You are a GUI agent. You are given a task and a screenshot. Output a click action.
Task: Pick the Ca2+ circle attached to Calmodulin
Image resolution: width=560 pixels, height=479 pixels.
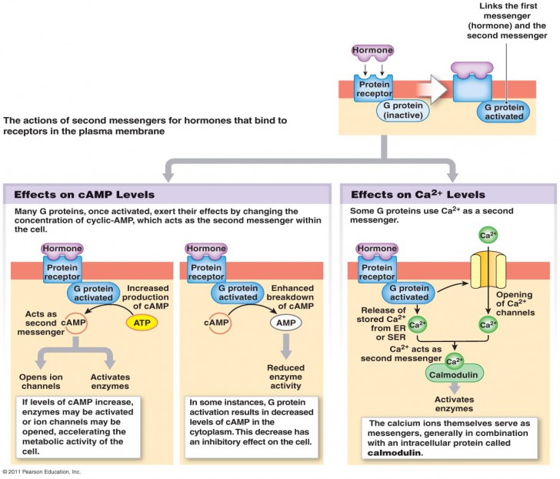tap(455, 359)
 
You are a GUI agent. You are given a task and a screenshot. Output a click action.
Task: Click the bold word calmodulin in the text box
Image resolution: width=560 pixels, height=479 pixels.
tap(392, 454)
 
